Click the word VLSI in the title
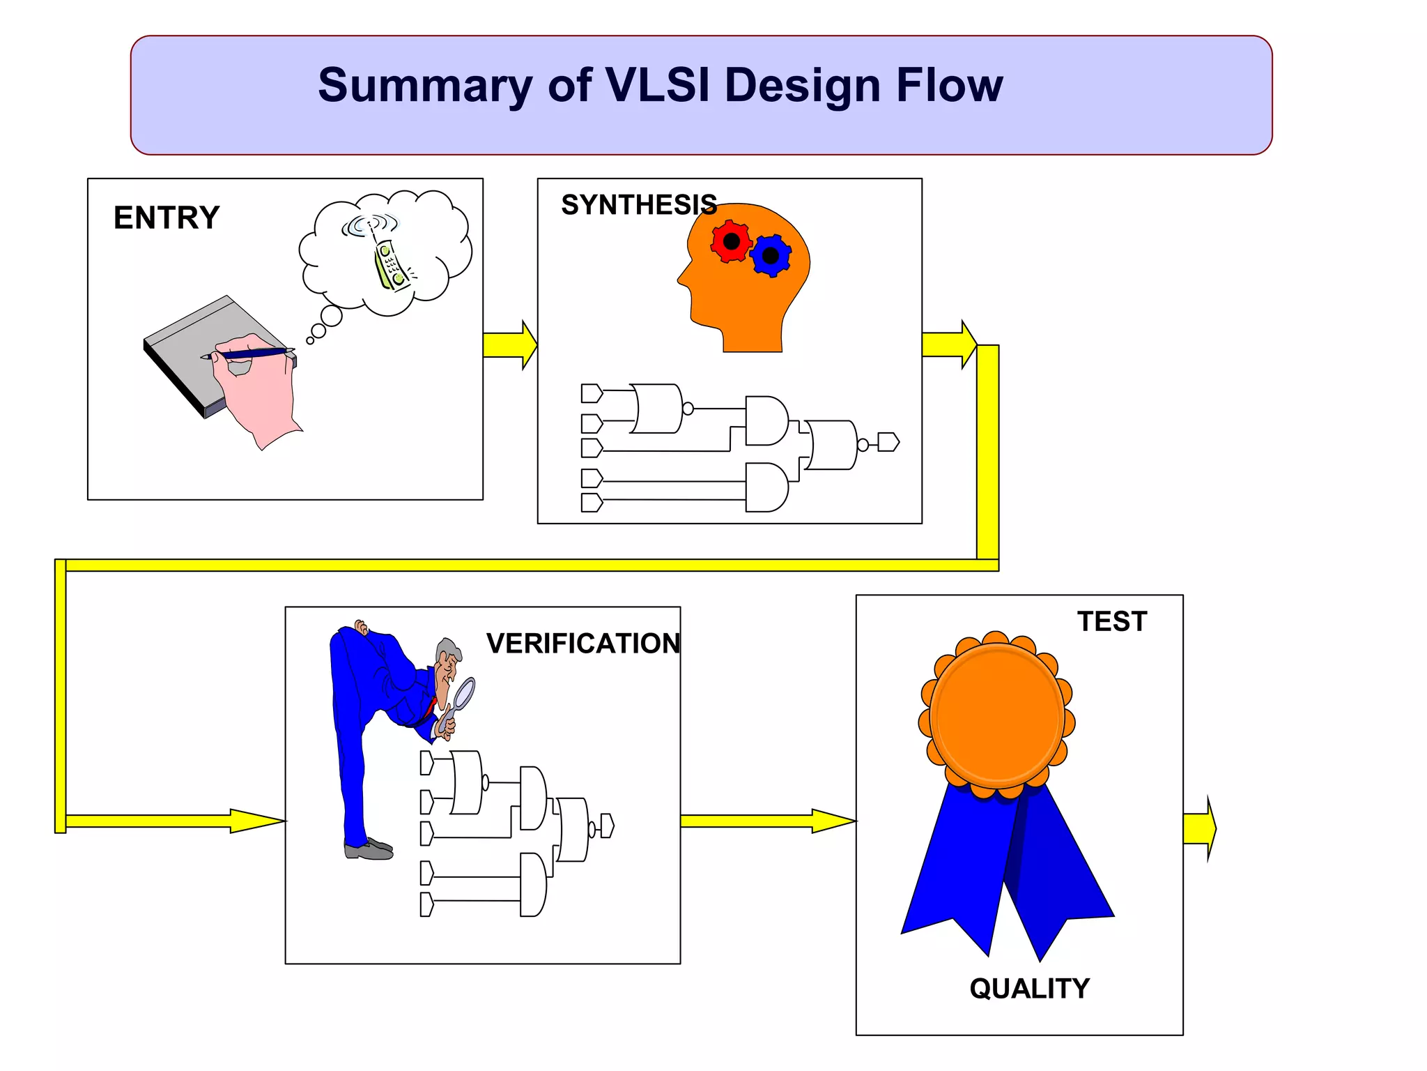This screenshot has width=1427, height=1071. (658, 85)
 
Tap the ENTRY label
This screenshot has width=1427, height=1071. (167, 218)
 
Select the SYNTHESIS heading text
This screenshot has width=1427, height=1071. (638, 205)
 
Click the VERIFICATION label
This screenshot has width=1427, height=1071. (583, 643)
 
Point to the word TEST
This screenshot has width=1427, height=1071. (1112, 621)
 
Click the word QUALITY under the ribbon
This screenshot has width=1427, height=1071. (1029, 988)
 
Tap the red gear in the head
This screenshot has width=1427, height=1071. (731, 241)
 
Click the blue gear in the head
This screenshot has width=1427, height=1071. (771, 256)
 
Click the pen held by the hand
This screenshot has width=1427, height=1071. (251, 354)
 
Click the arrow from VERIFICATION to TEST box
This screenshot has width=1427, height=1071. (766, 821)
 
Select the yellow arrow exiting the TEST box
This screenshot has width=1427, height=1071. (1199, 828)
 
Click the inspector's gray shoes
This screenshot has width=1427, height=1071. (369, 849)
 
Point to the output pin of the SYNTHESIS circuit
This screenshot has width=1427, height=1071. (888, 442)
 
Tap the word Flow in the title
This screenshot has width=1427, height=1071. (949, 85)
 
